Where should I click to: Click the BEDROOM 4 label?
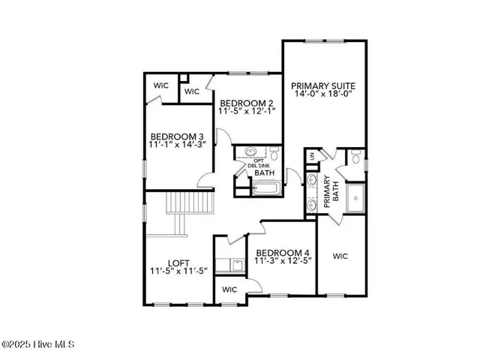[283, 252]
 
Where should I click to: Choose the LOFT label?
[178, 263]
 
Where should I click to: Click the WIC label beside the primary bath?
[342, 254]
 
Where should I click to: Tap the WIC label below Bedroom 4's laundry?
[229, 289]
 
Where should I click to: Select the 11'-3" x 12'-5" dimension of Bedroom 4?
[283, 262]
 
